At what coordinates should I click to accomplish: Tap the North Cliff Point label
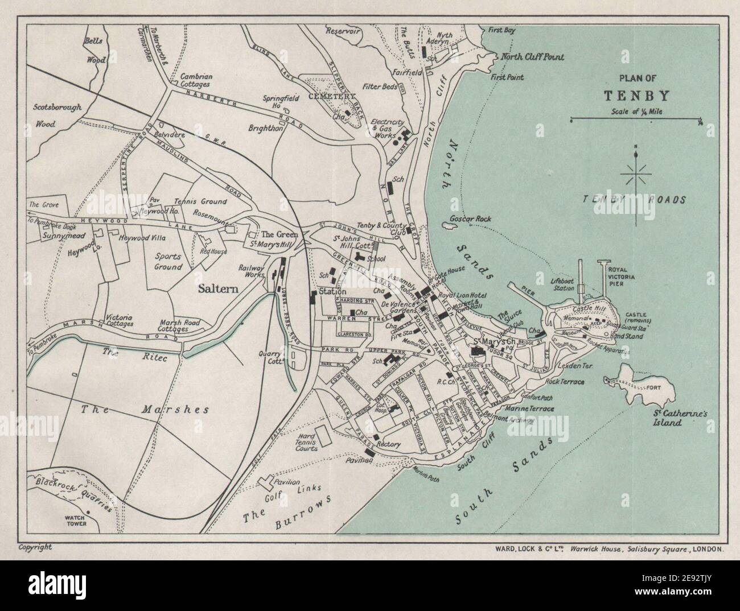point(532,57)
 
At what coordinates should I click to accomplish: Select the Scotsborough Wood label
point(57,114)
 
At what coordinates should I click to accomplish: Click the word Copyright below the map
point(35,547)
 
